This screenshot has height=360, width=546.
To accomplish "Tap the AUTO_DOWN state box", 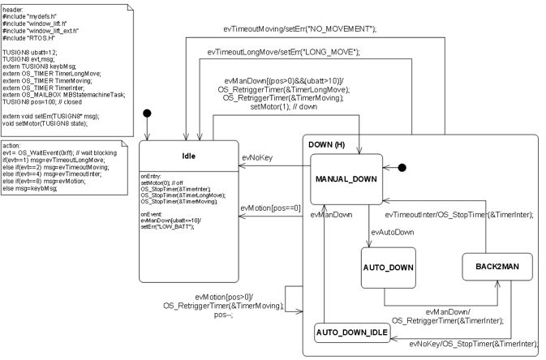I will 388,267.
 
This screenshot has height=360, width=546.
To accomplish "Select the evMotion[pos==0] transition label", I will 271,208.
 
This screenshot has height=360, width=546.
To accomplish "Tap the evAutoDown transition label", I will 392,232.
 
